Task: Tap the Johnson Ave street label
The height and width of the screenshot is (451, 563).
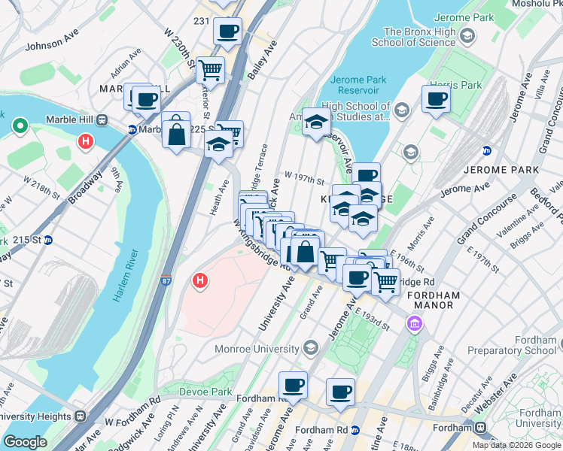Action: (52, 45)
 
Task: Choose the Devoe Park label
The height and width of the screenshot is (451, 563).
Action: (205, 392)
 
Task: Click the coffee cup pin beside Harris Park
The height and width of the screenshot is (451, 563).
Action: (436, 98)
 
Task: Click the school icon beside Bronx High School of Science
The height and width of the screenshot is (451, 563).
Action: (467, 36)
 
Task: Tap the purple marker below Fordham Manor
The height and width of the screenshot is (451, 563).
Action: (412, 324)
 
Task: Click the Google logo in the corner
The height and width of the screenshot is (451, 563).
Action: (25, 441)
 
